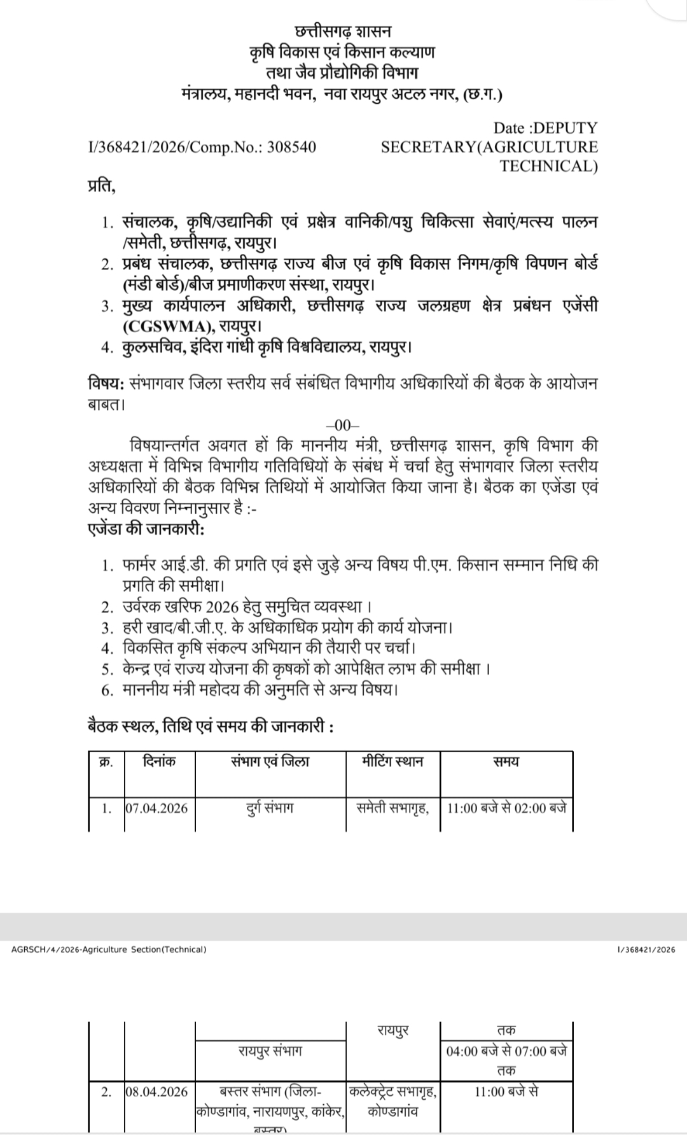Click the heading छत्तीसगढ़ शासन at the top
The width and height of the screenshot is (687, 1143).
(343, 31)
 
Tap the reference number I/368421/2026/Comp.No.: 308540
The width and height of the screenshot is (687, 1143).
(202, 147)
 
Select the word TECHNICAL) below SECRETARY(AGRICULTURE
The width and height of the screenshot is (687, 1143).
(548, 167)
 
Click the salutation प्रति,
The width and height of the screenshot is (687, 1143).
(102, 186)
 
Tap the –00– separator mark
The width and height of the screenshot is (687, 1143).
(343, 426)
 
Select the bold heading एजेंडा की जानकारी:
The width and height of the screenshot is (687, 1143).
(146, 529)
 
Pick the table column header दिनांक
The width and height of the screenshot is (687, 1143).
(160, 761)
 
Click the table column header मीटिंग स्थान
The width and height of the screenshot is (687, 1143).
(392, 761)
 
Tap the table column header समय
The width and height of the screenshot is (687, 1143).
(506, 761)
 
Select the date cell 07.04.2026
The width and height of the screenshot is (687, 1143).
(157, 808)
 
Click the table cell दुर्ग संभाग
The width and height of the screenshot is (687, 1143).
(270, 808)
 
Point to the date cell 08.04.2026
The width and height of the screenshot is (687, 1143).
(157, 1091)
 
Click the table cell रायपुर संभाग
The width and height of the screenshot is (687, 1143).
(270, 1051)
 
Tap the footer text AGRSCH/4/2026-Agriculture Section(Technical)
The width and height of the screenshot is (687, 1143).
(109, 950)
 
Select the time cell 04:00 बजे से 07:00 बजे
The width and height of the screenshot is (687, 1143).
(506, 1051)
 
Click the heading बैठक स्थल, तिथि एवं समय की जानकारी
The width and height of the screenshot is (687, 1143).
(210, 726)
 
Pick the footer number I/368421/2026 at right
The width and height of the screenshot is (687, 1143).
(646, 950)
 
